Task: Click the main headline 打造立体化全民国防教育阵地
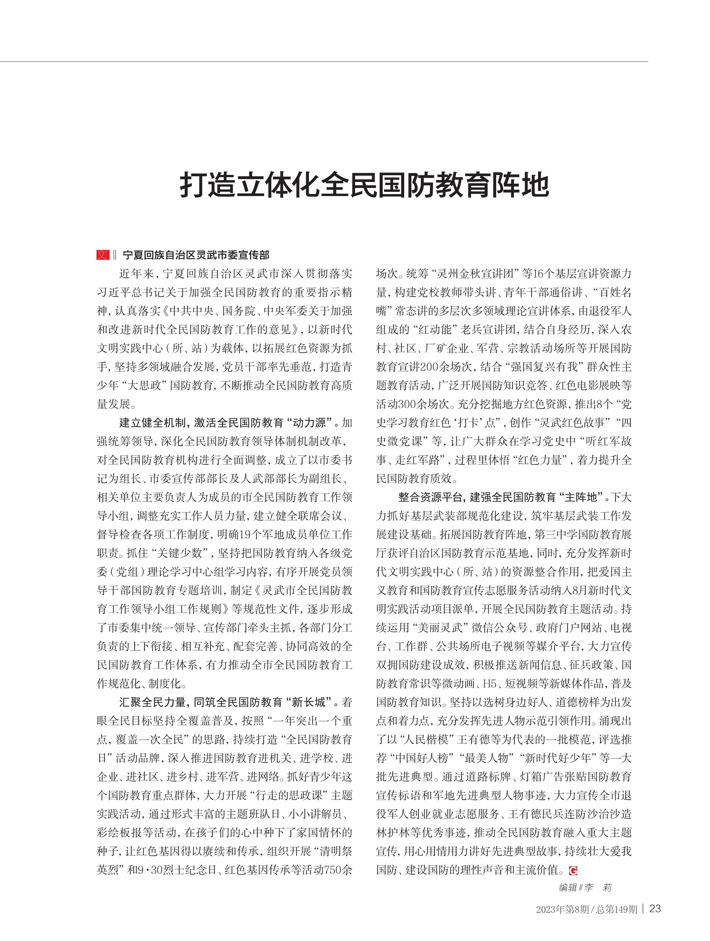[x=364, y=185]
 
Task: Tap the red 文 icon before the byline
[x=103, y=255]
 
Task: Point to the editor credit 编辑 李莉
[x=585, y=875]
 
